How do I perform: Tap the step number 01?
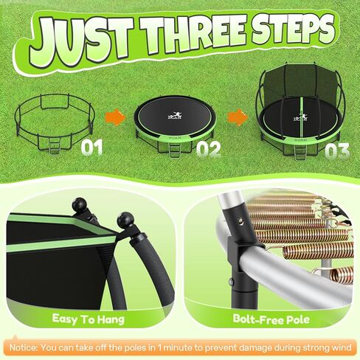91,148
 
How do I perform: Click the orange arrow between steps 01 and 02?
114,116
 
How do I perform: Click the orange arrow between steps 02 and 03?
236,116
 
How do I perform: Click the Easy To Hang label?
91,319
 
